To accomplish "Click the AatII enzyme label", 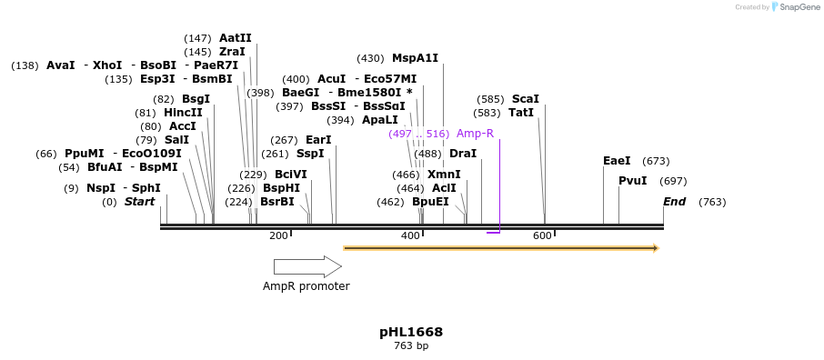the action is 235,38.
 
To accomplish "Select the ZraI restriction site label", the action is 232,52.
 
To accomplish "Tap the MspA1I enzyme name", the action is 415,58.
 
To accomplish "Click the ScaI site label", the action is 525,99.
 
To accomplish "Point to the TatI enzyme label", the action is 521,113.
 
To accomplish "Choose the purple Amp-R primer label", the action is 475,134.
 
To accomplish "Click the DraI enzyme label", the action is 463,154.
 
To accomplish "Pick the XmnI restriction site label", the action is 444,175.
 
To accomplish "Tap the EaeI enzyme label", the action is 617,161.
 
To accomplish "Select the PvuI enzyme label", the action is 632,181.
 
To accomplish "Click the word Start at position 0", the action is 139,202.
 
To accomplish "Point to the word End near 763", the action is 674,202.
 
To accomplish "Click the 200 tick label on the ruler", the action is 278,236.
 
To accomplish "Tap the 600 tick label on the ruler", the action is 542,236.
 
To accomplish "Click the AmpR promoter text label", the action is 306,286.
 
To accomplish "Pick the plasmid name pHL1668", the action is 411,332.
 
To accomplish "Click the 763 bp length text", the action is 411,346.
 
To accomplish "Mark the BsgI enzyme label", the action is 196,99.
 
